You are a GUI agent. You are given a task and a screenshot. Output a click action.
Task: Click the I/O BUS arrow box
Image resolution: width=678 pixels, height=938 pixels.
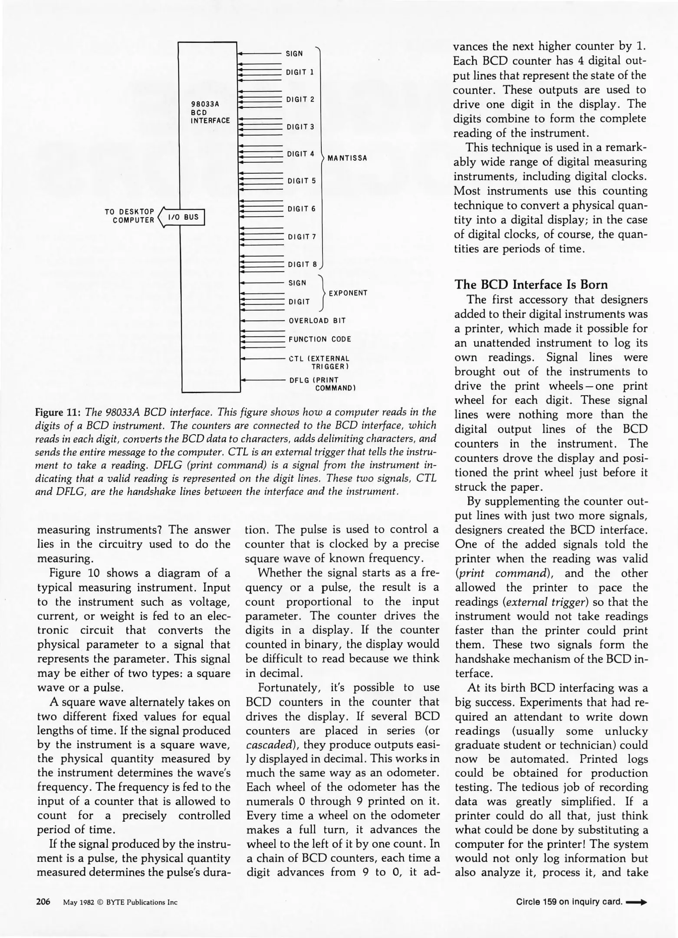click(183, 217)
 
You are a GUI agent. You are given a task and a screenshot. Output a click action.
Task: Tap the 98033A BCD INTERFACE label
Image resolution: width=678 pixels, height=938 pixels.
click(211, 112)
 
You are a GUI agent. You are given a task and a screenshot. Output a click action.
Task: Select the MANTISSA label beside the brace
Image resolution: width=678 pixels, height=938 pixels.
click(347, 158)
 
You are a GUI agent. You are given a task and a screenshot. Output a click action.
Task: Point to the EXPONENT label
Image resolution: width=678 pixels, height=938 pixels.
click(348, 293)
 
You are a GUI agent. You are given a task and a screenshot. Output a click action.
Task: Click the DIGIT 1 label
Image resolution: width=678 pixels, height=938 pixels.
click(300, 72)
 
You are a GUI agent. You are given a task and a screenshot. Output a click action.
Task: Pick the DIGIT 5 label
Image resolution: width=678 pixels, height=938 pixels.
click(302, 181)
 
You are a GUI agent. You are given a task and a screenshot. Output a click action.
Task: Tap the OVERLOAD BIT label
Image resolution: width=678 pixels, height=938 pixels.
click(317, 321)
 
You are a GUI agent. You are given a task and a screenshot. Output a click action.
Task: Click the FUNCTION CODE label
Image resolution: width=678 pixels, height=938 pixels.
click(320, 339)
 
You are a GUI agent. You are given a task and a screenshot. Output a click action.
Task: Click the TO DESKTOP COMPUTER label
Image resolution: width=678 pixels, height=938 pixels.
click(129, 216)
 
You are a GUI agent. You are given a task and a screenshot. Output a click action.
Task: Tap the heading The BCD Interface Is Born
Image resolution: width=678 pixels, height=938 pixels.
click(531, 285)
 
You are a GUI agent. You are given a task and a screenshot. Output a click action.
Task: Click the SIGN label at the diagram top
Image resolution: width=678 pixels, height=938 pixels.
click(294, 54)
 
